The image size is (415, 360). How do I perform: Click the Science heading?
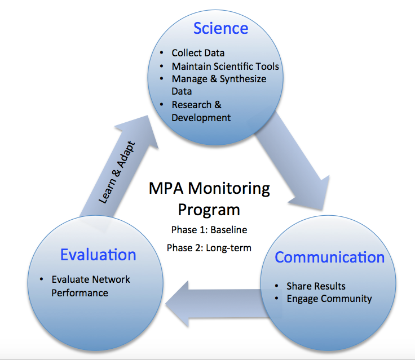220,28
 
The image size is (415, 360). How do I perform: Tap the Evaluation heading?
98,255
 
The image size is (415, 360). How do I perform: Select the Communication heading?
329,257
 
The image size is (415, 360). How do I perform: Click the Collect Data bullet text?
198,53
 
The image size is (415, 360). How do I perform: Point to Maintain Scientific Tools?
225,66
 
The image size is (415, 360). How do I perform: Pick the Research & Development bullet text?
201,111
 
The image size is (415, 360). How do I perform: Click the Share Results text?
316,286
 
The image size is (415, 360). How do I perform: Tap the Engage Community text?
329,299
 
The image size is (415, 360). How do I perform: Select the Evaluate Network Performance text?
91,286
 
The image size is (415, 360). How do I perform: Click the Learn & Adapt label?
117,172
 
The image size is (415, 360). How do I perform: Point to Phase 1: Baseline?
209,230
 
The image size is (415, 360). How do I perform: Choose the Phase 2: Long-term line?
209,248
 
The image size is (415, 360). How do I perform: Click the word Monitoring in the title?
229,189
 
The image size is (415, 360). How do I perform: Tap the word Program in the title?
209,210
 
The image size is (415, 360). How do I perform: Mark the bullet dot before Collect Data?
162,53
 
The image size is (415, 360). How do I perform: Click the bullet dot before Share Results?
277,286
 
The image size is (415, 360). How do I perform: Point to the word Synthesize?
243,79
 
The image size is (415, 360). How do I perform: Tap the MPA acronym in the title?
166,188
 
